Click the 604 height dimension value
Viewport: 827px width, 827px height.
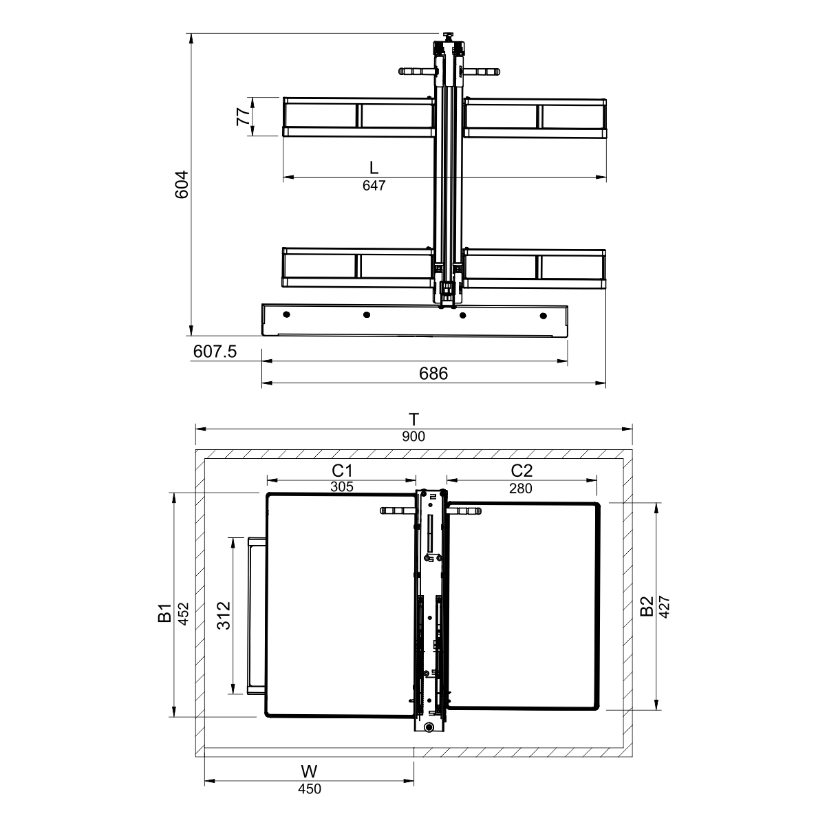tap(182, 184)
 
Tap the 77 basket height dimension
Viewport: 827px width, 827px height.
tap(244, 116)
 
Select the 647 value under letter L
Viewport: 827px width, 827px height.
tap(374, 185)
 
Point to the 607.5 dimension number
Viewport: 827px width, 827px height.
tap(215, 352)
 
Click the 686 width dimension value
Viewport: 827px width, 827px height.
tap(433, 374)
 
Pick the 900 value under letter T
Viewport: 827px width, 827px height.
tap(414, 436)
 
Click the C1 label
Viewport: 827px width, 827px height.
tap(342, 471)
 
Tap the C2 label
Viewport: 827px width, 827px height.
tap(522, 471)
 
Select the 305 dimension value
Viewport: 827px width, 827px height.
tap(342, 486)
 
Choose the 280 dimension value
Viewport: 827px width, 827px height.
tap(521, 488)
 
